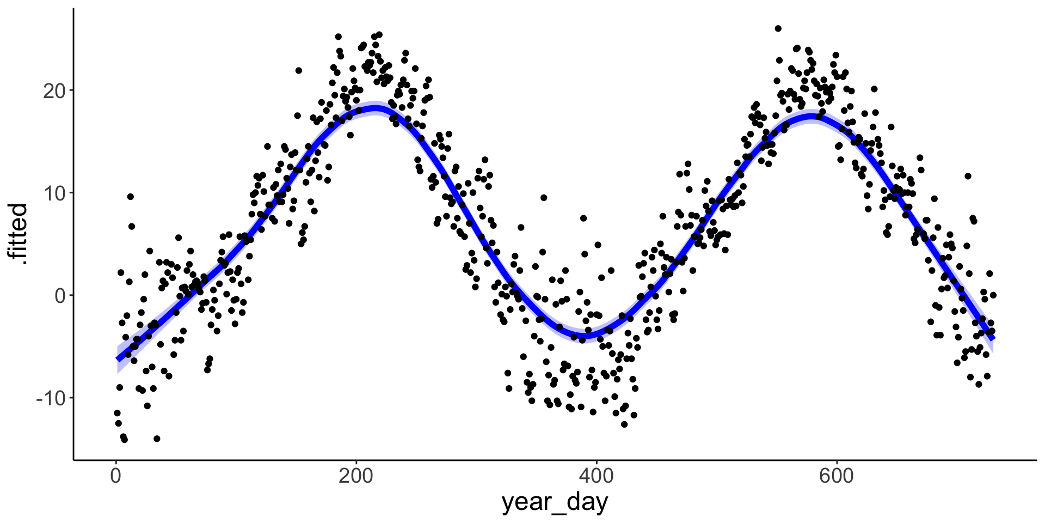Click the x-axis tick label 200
[356, 477]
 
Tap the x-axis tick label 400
[597, 477]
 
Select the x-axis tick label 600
[837, 477]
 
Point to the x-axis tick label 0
[115, 477]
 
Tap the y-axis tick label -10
[50, 398]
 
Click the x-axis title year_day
[555, 502]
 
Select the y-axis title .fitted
[20, 234]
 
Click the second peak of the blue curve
[811, 116]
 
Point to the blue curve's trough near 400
[585, 333]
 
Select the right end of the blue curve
[993, 338]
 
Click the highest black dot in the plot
[778, 28]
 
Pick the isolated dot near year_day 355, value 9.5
[543, 198]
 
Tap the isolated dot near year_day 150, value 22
[298, 70]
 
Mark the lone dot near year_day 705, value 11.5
[968, 176]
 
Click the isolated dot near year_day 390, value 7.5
[583, 218]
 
